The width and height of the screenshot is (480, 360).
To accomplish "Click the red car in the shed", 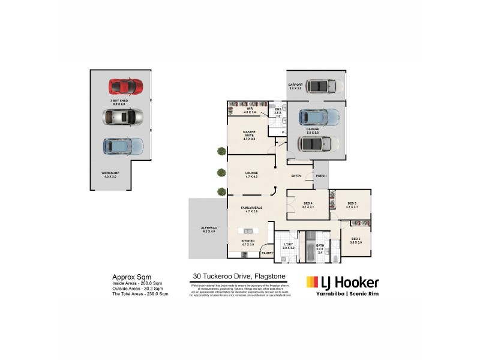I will click(125, 87).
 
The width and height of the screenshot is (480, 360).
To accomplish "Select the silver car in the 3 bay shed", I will click(122, 116).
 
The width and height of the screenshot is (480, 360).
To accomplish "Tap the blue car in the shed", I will click(123, 146).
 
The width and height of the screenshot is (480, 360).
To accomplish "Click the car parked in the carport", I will click(325, 86).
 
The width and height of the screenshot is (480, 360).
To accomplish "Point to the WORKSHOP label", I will click(110, 175).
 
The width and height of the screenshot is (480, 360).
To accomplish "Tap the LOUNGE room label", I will click(251, 175).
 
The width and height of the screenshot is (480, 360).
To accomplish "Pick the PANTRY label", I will click(267, 253).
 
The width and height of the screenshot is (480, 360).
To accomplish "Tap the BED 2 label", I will click(356, 240).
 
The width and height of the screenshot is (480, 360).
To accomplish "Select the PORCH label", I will click(321, 176).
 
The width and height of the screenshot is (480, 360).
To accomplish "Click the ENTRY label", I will click(296, 176).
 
